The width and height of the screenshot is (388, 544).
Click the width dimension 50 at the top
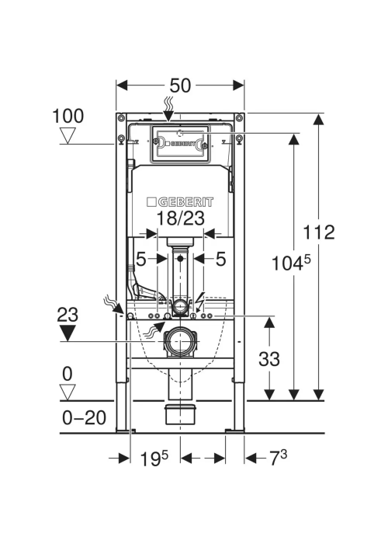(180, 85)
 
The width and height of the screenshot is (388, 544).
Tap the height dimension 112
(319, 232)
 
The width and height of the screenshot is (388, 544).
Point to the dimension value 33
(269, 358)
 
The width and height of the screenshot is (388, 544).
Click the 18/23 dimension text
(181, 218)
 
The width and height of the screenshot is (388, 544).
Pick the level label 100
(68, 116)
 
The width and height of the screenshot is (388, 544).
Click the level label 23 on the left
(68, 315)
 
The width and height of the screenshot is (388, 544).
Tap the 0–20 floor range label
(84, 417)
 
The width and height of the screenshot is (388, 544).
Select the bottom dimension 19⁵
(154, 459)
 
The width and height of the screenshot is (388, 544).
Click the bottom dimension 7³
(278, 458)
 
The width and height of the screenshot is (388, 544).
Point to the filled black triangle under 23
(68, 333)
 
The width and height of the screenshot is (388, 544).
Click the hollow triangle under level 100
(68, 135)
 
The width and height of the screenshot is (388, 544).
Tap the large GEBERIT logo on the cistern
(180, 202)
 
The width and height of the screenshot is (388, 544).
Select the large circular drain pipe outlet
(180, 341)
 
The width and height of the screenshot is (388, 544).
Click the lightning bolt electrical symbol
(200, 301)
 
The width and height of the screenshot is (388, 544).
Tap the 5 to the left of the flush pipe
(140, 259)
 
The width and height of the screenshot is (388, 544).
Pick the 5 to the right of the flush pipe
(220, 259)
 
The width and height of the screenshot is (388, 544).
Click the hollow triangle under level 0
(68, 392)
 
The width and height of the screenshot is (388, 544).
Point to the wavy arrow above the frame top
(168, 109)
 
